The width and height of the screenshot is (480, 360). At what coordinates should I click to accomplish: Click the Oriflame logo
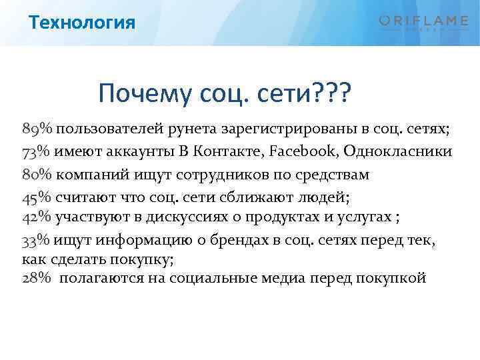(x=423, y=22)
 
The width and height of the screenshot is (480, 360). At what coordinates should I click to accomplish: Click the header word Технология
(x=83, y=23)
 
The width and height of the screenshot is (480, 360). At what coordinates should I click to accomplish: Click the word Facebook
(x=303, y=151)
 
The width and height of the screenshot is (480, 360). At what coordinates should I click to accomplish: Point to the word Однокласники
(x=398, y=151)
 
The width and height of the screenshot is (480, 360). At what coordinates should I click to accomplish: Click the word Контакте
(x=230, y=151)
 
